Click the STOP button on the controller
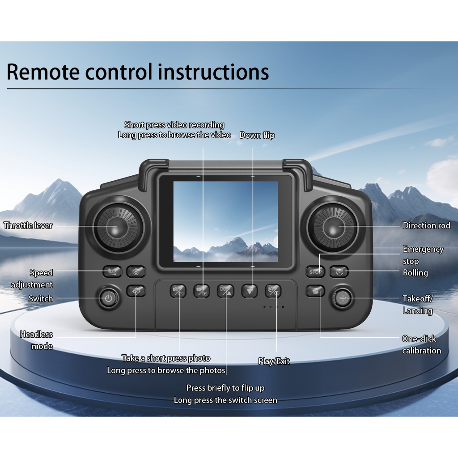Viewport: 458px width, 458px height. point(315,271)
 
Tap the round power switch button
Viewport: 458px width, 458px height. point(108,298)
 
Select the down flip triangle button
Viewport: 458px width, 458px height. point(250,291)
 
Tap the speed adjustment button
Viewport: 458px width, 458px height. point(112,271)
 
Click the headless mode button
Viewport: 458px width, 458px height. point(136,291)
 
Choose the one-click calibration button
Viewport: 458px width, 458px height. point(315,291)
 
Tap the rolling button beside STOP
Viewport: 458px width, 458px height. point(339,271)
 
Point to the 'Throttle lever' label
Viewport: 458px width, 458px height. point(28,225)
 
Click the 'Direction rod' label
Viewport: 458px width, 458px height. point(426,225)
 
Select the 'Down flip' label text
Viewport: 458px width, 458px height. point(257,135)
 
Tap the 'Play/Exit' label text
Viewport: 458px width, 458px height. point(274,361)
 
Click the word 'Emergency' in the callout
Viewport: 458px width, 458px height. point(423,249)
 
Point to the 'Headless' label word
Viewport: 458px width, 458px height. point(36,335)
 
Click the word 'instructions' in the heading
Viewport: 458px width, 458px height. point(214,72)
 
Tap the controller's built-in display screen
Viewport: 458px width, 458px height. point(225,221)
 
